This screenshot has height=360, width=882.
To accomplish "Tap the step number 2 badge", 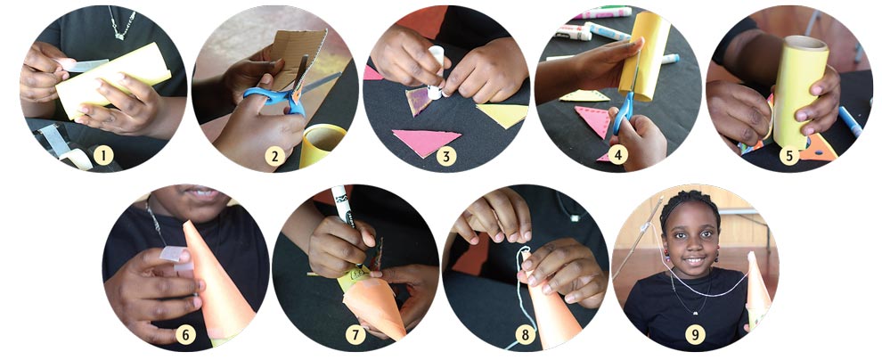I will tap(275, 157).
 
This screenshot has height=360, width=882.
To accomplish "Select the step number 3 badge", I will tap(446, 157).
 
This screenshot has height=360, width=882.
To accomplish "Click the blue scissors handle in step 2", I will tap(267, 95).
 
